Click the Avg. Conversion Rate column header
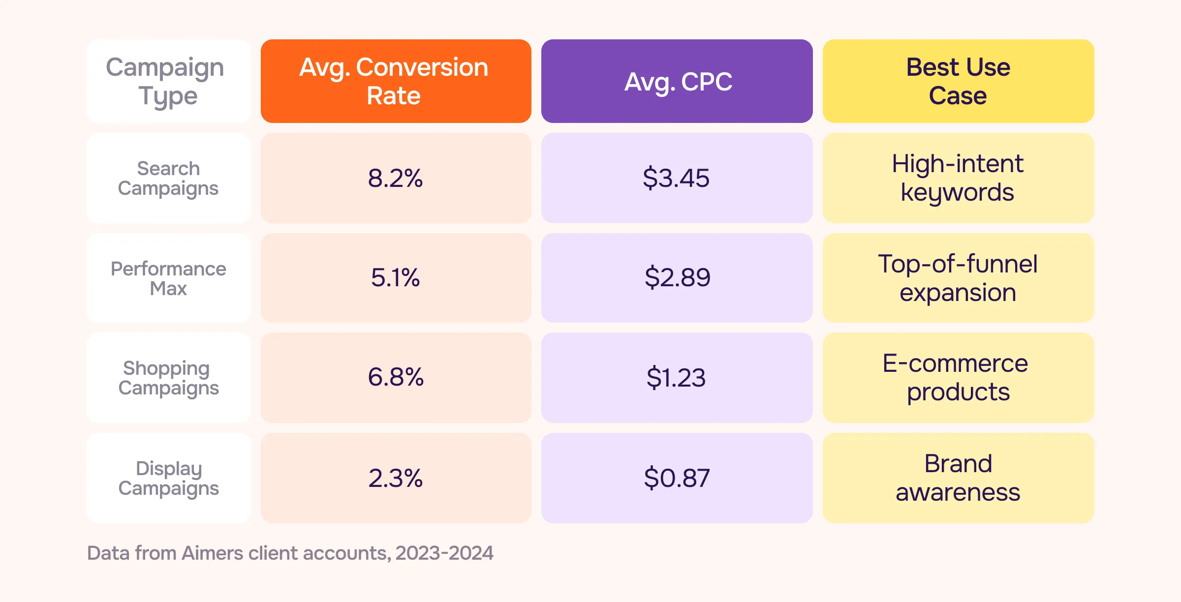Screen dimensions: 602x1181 click(396, 81)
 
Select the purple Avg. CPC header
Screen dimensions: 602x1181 click(677, 81)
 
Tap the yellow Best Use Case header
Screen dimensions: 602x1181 click(958, 81)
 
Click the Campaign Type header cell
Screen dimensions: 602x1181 click(168, 81)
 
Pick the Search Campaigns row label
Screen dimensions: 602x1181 click(168, 178)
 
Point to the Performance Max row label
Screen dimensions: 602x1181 click(168, 278)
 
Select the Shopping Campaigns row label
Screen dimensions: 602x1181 click(168, 378)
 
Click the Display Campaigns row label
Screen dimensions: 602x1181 click(168, 478)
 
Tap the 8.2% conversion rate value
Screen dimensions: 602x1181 click(396, 178)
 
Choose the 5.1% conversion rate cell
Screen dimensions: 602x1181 click(396, 278)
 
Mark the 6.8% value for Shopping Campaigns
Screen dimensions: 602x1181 click(396, 378)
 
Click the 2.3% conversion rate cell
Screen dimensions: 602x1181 click(396, 478)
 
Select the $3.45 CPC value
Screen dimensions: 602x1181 click(677, 178)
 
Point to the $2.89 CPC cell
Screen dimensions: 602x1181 click(677, 278)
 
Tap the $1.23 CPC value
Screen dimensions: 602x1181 click(677, 378)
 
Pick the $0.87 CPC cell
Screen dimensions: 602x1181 click(677, 478)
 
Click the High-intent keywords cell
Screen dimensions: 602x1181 click(958, 178)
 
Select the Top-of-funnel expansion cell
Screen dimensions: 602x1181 click(958, 278)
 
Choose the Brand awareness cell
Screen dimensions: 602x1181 click(958, 478)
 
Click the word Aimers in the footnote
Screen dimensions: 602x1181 click(212, 553)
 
